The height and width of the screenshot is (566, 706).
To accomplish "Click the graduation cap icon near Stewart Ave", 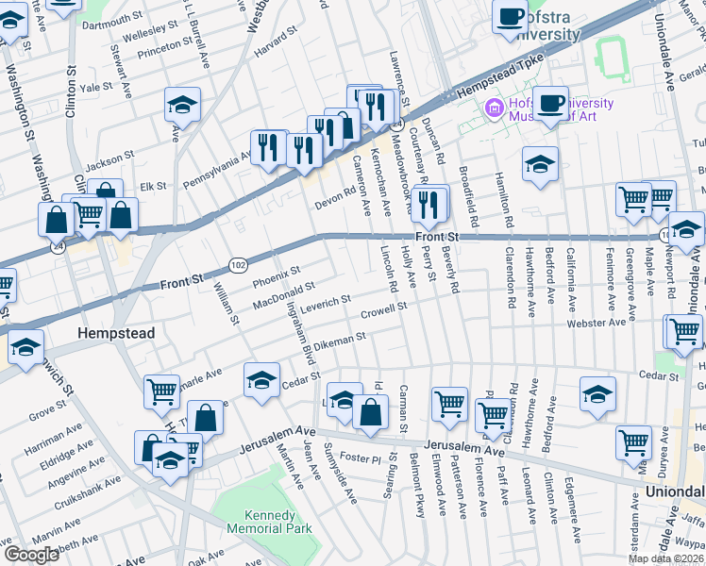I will click(182, 105).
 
